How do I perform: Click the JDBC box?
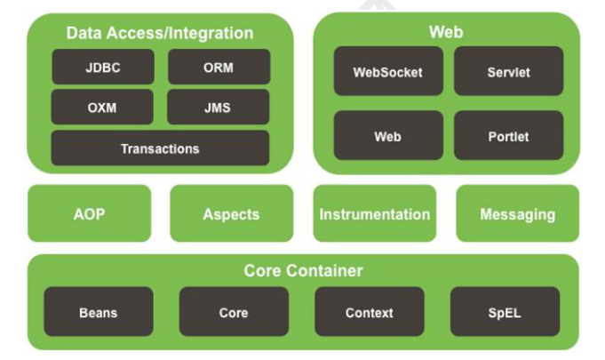click(102, 68)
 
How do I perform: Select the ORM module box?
click(219, 68)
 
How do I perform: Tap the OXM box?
click(102, 108)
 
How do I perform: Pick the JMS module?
click(219, 108)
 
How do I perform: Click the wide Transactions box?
click(160, 148)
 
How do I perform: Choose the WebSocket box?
click(388, 72)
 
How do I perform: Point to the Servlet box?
click(508, 72)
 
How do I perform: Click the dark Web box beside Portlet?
click(388, 136)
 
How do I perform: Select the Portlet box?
click(508, 136)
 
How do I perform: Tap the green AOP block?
click(89, 214)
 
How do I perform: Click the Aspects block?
click(231, 214)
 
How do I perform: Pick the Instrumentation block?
click(374, 214)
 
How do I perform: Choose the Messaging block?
click(517, 214)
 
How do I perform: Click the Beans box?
click(98, 312)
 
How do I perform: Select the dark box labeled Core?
click(234, 312)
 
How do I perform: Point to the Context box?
click(370, 312)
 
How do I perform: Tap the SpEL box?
click(505, 312)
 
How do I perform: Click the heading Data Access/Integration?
click(160, 34)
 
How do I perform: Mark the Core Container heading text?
click(303, 270)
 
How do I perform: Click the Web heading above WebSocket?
click(446, 32)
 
